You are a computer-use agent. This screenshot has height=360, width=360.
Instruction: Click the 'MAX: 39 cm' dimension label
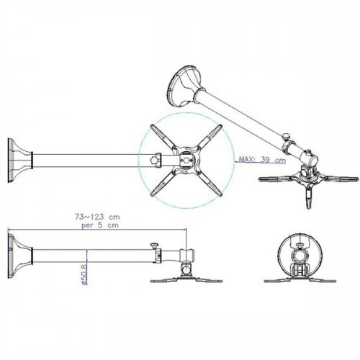point(262,160)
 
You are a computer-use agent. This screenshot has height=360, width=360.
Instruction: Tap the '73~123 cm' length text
point(97,217)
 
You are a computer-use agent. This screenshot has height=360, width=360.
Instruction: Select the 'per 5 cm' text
point(100,225)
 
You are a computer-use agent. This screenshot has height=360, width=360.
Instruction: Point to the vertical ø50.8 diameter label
point(84,274)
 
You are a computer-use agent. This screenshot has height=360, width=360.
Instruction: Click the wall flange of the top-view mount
point(19,161)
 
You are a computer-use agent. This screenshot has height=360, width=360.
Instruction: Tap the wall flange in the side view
point(19,256)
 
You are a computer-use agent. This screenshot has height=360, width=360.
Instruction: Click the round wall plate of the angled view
point(185,86)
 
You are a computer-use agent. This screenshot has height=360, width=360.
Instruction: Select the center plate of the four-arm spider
point(186,160)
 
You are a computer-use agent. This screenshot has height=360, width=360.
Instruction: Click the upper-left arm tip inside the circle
point(153,127)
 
